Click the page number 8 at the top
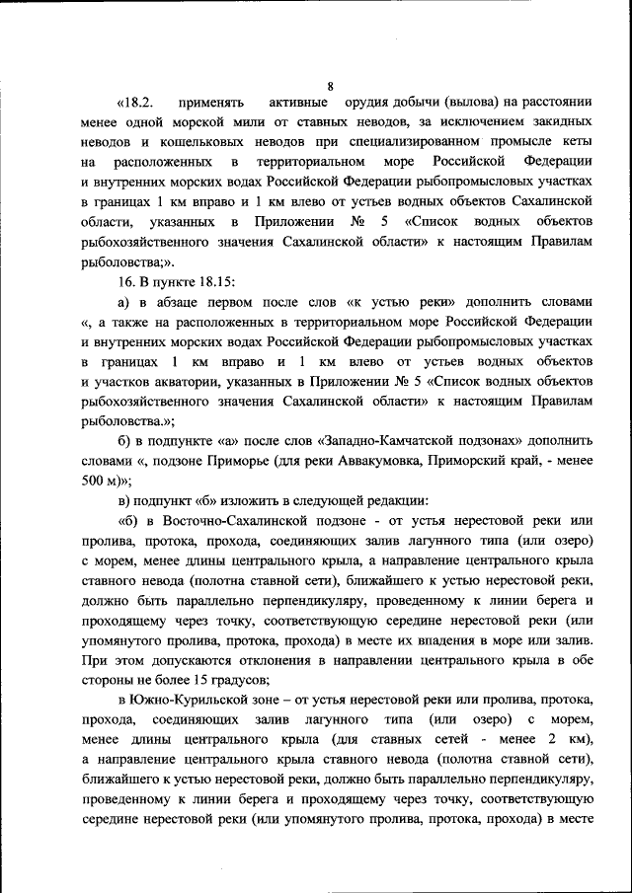[x=329, y=86]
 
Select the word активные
[x=298, y=104]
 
